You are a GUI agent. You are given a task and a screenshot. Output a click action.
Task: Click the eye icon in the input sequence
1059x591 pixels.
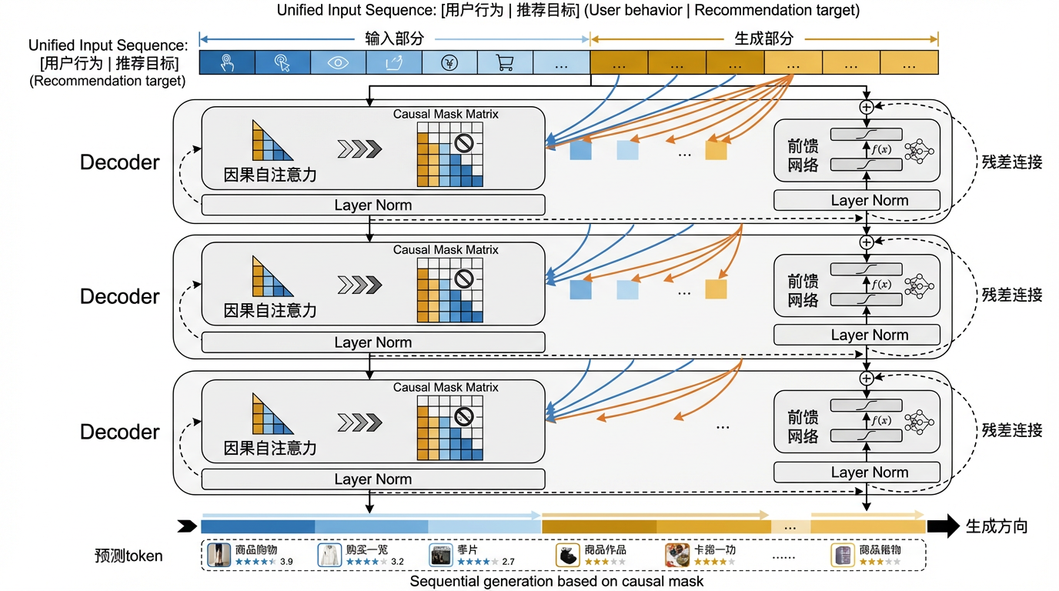coord(339,63)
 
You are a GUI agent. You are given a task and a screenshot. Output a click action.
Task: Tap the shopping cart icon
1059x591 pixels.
coord(505,63)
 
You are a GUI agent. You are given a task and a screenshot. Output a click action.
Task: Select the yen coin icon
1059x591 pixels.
coord(449,63)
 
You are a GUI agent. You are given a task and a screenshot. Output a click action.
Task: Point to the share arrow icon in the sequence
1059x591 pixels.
coord(393,63)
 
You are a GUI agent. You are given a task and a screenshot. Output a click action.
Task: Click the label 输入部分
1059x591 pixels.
coord(394,38)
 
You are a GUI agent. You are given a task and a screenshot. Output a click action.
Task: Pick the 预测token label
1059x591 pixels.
coord(129,556)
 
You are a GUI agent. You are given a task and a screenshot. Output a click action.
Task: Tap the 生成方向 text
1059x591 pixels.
coord(997,527)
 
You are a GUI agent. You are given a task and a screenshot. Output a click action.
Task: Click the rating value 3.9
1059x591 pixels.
coord(286,562)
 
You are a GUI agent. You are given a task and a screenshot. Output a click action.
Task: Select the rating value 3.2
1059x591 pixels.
coord(397,562)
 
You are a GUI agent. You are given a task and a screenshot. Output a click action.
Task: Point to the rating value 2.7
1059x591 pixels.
coord(508,562)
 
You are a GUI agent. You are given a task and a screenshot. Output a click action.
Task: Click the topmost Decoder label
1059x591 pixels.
coord(120,162)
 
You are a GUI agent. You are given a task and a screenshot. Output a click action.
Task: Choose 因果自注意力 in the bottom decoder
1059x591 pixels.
coord(270,448)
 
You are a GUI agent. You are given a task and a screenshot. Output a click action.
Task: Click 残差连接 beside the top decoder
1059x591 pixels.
coord(1012,162)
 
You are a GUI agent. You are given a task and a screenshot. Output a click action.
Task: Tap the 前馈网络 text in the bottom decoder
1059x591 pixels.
coord(803,427)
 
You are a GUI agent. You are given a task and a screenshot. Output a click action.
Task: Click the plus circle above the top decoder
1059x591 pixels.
coord(867,107)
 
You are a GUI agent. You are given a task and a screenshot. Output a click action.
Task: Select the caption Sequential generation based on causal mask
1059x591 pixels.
coord(556,582)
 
